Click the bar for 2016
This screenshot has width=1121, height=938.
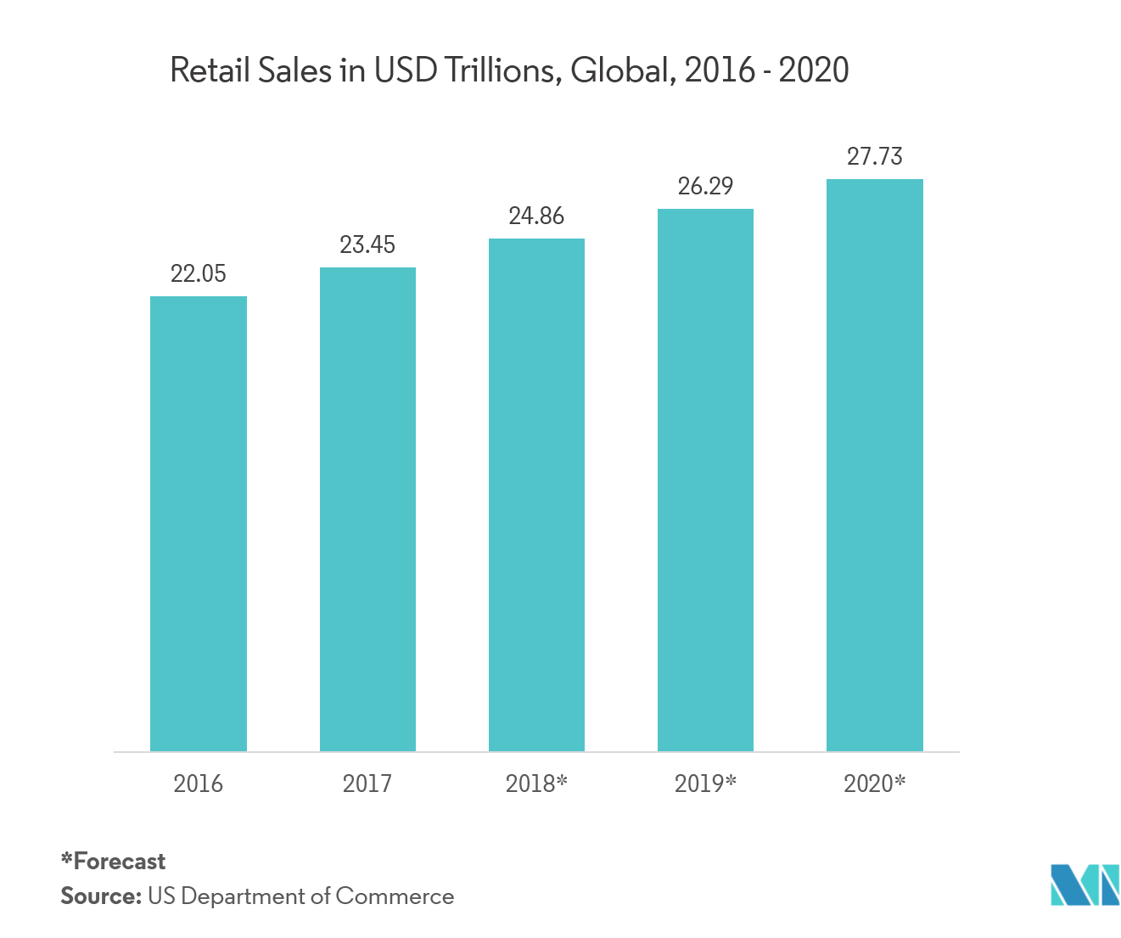click(199, 524)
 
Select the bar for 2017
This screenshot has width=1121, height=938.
click(367, 509)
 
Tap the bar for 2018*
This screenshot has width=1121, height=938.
click(536, 495)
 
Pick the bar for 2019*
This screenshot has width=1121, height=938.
click(705, 480)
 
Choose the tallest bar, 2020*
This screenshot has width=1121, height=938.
click(875, 465)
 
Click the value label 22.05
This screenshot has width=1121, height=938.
click(199, 273)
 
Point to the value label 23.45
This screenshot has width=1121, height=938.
click(367, 244)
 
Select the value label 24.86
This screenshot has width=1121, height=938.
click(536, 216)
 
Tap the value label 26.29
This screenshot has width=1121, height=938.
click(705, 186)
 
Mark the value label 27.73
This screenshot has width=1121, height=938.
click(875, 156)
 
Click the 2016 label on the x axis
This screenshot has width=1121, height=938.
click(199, 783)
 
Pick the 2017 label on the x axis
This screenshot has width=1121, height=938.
click(367, 783)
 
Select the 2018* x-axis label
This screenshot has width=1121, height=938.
click(536, 783)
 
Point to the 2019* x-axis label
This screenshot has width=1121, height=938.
click(705, 783)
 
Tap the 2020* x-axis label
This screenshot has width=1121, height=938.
click(875, 783)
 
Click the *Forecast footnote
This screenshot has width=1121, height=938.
click(113, 862)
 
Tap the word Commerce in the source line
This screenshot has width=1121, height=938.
click(395, 896)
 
